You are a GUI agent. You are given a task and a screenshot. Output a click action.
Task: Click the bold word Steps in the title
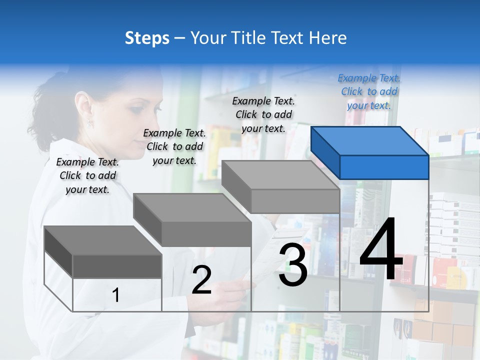[147, 38]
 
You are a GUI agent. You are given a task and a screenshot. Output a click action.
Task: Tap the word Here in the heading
[327, 38]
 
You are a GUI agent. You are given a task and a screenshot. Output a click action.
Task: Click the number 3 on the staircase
[292, 265]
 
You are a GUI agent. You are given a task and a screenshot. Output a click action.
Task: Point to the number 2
[201, 279]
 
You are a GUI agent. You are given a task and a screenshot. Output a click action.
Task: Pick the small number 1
[116, 295]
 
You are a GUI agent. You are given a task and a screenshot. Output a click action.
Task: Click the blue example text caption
[369, 91]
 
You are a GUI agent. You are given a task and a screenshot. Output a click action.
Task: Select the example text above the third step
[263, 114]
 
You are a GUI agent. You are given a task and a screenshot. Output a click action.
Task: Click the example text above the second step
[174, 146]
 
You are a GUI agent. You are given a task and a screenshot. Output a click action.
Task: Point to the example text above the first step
[87, 175]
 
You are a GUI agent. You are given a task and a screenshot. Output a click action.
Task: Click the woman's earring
[90, 122]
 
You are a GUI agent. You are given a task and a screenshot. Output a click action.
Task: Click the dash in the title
[180, 38]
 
